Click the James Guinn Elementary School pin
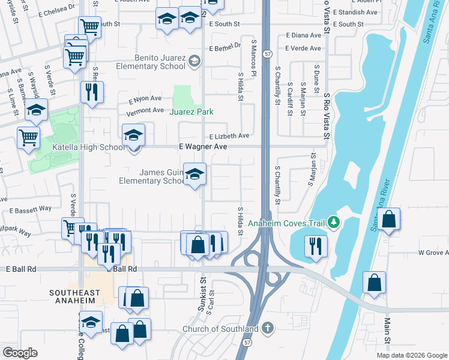(x=194, y=175)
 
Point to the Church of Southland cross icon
(x=268, y=328)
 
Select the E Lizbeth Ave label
(x=229, y=136)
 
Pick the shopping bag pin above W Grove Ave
(x=389, y=221)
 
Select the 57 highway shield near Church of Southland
(x=247, y=341)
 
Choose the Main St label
(x=387, y=332)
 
